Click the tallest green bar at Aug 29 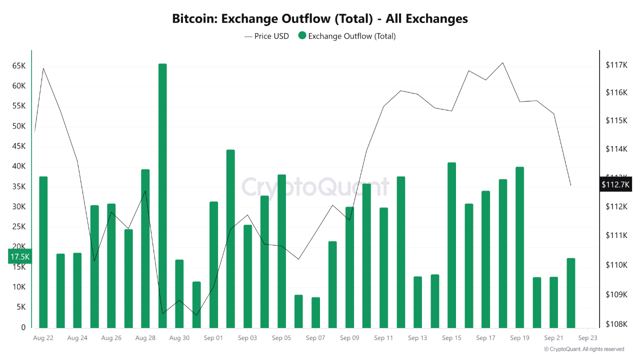162,195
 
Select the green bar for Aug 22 43,252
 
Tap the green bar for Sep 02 230,238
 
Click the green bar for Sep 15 451,245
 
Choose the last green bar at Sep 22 571,293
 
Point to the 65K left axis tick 19,66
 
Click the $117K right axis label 616,65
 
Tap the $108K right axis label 616,324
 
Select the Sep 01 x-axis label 213,338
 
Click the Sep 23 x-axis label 587,338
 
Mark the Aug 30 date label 179,338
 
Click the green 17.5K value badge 20,256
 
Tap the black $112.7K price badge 616,184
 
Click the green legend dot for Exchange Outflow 302,35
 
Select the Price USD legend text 271,36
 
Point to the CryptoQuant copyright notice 583,349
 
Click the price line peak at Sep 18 502,63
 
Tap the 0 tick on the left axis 23,327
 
